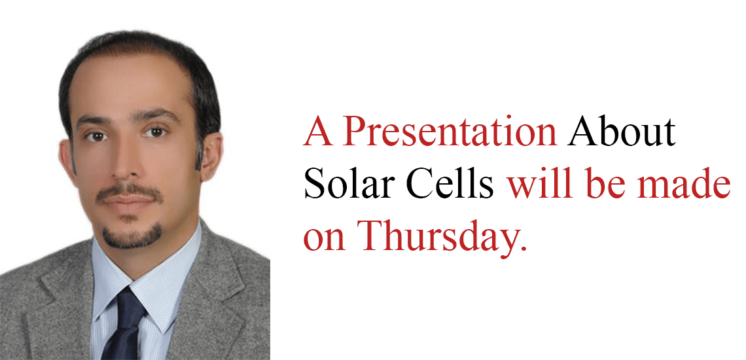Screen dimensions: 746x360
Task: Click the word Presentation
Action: [x=450, y=132]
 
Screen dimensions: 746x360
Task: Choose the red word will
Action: [x=539, y=183]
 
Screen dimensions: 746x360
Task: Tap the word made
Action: [x=681, y=183]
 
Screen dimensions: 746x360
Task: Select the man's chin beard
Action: [x=132, y=236]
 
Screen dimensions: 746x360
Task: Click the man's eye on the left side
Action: [x=97, y=137]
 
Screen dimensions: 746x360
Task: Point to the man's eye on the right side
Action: [x=156, y=132]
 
